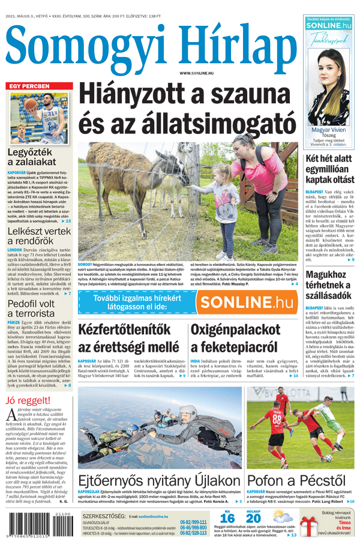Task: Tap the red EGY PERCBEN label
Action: point(29,86)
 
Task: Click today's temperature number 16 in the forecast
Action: point(227,517)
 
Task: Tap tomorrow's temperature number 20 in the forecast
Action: point(253,517)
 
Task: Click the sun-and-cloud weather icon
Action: point(283,517)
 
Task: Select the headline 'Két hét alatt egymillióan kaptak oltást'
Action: point(329,169)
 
